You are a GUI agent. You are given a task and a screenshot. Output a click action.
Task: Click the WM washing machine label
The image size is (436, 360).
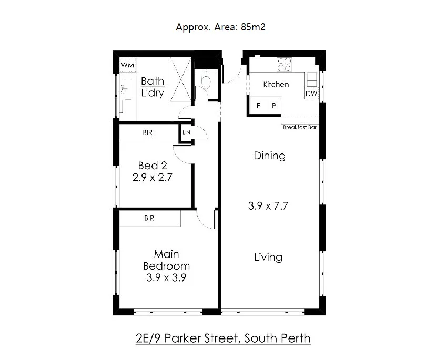pos(128,65)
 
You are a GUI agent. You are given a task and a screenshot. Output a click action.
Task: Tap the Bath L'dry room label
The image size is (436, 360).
pos(153,87)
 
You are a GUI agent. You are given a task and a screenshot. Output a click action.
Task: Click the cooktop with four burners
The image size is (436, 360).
pos(285,64)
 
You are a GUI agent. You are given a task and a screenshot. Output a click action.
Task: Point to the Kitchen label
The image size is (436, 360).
pos(276,84)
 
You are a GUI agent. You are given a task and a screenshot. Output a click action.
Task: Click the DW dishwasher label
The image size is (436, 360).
pos(311,94)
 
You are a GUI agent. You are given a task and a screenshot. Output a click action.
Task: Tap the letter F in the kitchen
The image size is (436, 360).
pos(259,105)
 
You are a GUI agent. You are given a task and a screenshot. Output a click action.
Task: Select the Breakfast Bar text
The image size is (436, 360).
pos(299,127)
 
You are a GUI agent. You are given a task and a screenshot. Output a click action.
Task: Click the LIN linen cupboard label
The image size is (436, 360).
pos(186,132)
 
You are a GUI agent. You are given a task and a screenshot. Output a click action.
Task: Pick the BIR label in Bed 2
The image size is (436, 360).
pos(148,133)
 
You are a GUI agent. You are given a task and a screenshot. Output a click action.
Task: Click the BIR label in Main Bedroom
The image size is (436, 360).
pos(149,218)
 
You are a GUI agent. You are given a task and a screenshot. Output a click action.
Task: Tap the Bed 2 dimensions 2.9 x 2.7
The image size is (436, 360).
pos(153,178)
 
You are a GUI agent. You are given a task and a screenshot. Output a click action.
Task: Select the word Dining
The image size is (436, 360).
pos(269,156)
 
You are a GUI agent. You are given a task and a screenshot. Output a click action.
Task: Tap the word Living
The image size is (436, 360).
pos(268,257)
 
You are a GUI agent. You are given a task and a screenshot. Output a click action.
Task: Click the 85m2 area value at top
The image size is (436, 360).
pos(252,27)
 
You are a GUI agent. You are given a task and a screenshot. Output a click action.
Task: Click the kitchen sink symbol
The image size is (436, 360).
pos(312,79)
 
